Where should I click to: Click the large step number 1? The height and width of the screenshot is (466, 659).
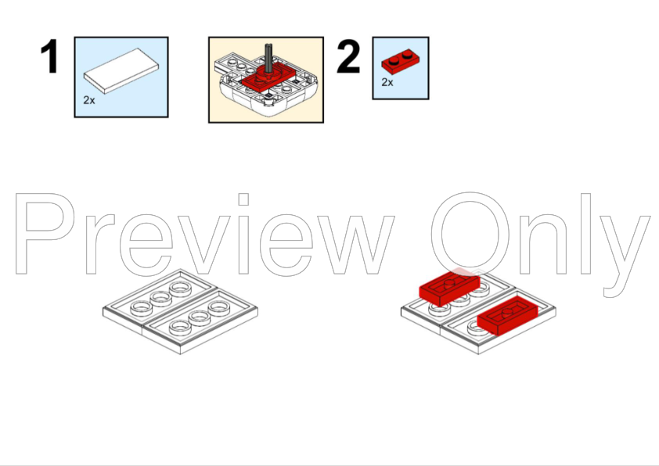pyautogui.click(x=50, y=56)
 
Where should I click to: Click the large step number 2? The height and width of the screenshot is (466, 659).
pyautogui.click(x=348, y=56)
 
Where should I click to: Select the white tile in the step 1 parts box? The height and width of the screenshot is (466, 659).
pyautogui.click(x=121, y=71)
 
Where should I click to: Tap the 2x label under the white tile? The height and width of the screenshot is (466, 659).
pyautogui.click(x=89, y=100)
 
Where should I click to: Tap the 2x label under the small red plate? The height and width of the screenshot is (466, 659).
pyautogui.click(x=387, y=82)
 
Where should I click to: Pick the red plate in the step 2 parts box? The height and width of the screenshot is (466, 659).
pyautogui.click(x=400, y=62)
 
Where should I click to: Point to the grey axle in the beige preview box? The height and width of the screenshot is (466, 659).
pyautogui.click(x=268, y=58)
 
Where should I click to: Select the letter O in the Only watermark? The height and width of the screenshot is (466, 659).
pyautogui.click(x=470, y=234)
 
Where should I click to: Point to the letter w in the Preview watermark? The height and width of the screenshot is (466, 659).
pyautogui.click(x=356, y=245)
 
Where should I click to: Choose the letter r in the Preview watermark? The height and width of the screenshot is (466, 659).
pyautogui.click(x=100, y=244)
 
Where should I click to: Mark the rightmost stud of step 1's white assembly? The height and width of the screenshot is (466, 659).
pyautogui.click(x=219, y=308)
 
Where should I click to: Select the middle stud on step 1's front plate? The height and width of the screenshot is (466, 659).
pyautogui.click(x=200, y=317)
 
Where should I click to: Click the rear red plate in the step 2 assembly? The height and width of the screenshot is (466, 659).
pyautogui.click(x=449, y=289)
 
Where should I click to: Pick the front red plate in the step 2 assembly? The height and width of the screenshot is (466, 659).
pyautogui.click(x=507, y=316)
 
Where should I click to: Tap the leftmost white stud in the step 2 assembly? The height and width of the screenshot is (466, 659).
pyautogui.click(x=438, y=309)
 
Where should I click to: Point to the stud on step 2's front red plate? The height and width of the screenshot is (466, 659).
pyautogui.click(x=508, y=312)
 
